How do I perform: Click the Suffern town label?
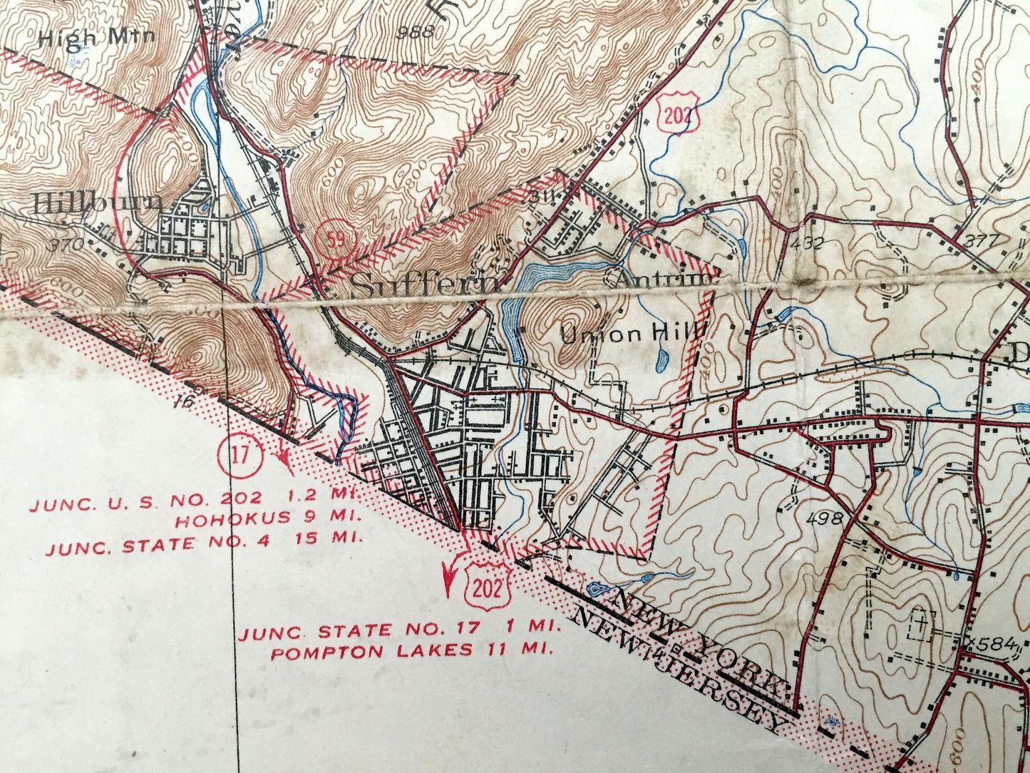point(425,286)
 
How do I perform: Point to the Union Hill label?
point(633,333)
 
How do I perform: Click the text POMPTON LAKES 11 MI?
point(412,651)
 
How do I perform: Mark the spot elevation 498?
point(826,518)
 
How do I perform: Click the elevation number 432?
point(807,242)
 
